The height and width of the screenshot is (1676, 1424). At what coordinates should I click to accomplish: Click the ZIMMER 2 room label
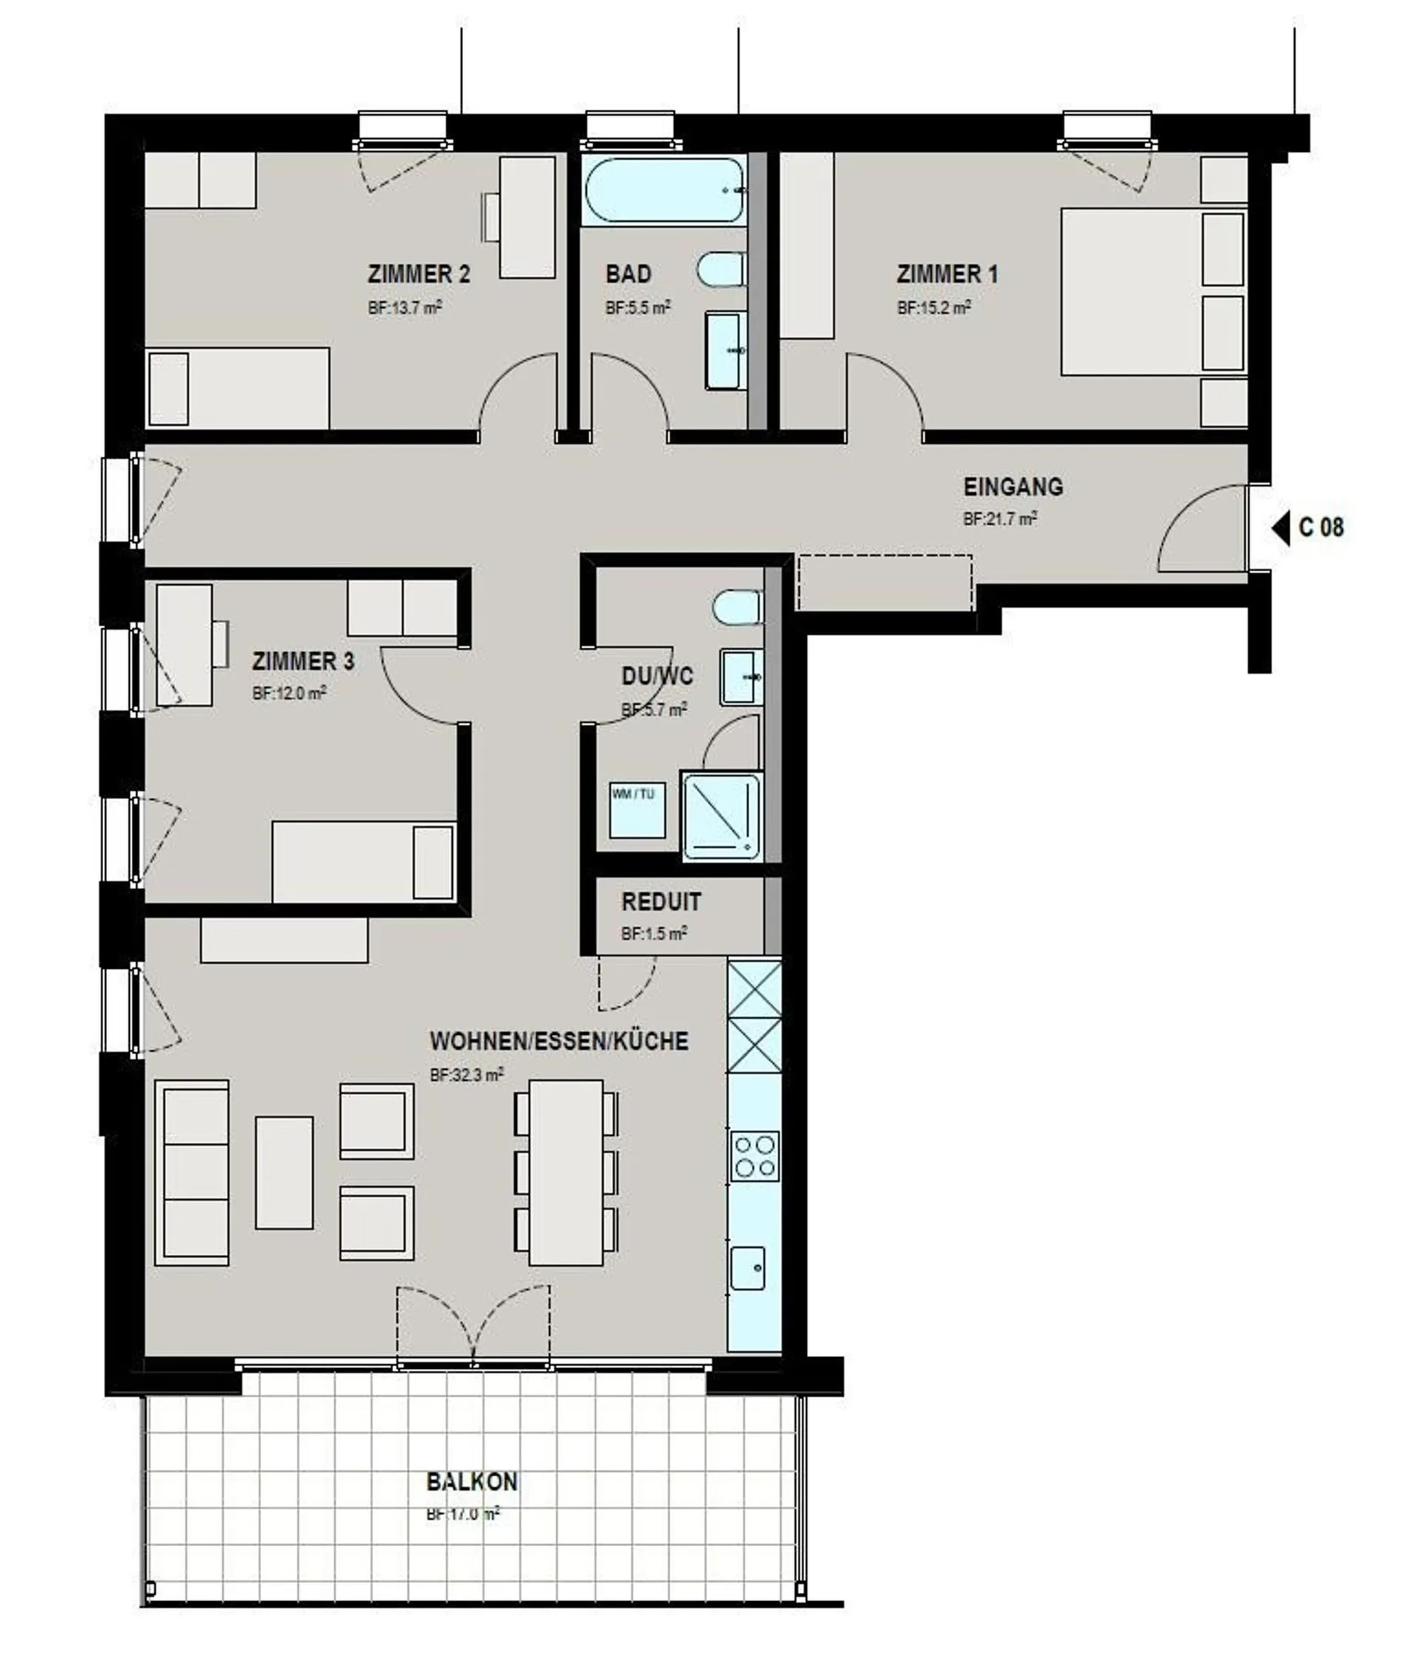point(419,275)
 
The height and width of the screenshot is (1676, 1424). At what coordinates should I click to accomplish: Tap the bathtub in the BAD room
point(664,191)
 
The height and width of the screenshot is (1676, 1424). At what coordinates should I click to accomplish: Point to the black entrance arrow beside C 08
point(1281,529)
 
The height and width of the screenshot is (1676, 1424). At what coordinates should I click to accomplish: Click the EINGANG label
point(1013,487)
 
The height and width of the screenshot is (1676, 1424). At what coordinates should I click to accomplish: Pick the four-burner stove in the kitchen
point(755,1157)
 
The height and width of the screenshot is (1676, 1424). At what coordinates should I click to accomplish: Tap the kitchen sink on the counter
point(748,1267)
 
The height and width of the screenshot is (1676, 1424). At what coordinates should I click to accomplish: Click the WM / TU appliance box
point(638,809)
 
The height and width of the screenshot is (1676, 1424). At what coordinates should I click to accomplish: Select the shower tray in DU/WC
point(722,816)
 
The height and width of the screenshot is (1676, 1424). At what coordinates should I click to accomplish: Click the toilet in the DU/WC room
point(737,607)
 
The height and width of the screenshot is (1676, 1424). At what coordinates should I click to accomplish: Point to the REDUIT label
point(661,901)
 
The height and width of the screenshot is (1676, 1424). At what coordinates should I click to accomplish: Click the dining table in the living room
point(567,1172)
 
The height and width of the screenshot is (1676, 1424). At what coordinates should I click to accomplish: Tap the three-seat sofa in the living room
point(192,1172)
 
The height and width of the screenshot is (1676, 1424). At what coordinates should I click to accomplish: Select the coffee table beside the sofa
point(284,1172)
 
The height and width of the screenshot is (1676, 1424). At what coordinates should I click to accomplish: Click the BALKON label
point(472,1482)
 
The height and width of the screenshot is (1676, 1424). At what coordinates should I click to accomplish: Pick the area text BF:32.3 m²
point(467,1074)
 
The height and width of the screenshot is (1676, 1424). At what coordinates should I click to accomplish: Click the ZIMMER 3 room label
point(303,661)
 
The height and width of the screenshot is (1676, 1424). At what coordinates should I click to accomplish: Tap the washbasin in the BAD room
point(726,351)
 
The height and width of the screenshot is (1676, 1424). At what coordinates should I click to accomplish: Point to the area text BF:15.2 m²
point(934,308)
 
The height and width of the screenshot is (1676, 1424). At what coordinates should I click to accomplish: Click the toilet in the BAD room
point(721,269)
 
